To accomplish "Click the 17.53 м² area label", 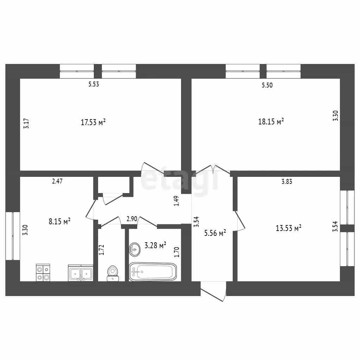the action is pyautogui.click(x=93, y=122).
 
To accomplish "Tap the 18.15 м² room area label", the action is pyautogui.click(x=271, y=121).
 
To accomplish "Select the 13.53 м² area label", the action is pyautogui.click(x=288, y=228).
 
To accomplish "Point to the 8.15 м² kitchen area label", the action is pyautogui.click(x=59, y=221).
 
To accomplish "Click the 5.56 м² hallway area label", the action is pyautogui.click(x=215, y=233).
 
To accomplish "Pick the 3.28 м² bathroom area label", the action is pyautogui.click(x=155, y=245).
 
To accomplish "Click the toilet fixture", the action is pyautogui.click(x=113, y=273).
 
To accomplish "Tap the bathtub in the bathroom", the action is pyautogui.click(x=153, y=272).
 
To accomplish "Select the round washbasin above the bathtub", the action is pyautogui.click(x=135, y=249).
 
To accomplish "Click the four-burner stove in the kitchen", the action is pyautogui.click(x=43, y=272).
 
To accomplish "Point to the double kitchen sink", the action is pyautogui.click(x=81, y=273).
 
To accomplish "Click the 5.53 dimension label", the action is pyautogui.click(x=94, y=84).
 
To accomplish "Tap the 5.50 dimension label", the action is pyautogui.click(x=267, y=85).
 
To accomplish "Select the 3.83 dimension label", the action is pyautogui.click(x=287, y=182).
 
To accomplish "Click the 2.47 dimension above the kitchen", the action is pyautogui.click(x=57, y=181).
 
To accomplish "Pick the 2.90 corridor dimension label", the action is pyautogui.click(x=132, y=219).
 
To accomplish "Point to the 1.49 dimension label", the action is pyautogui.click(x=176, y=201).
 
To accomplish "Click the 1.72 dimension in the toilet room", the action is pyautogui.click(x=102, y=250).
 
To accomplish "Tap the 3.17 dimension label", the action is pyautogui.click(x=26, y=123).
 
